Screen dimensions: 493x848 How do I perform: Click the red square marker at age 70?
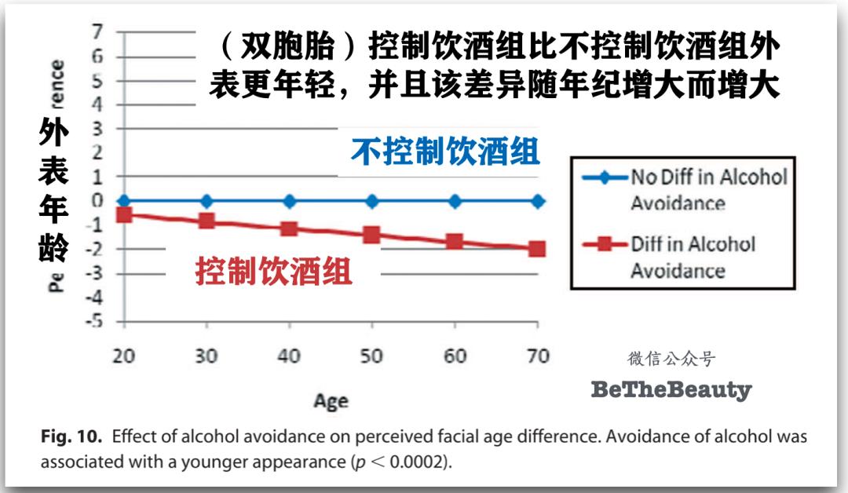point(537,249)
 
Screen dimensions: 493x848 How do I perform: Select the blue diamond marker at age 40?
point(289,201)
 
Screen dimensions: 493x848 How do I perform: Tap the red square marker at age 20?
point(123,214)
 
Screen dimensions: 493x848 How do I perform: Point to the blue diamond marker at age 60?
point(455,201)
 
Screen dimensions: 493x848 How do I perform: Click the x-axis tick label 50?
point(371,356)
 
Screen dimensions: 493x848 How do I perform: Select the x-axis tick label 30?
point(206,356)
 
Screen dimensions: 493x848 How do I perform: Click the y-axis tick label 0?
point(97,201)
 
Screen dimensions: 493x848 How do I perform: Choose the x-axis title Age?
point(331,400)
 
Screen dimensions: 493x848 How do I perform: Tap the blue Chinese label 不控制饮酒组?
point(445,151)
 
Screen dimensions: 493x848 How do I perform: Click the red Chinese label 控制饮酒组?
point(274,272)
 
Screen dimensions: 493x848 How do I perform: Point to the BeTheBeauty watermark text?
point(671,389)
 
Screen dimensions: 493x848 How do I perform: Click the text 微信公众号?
point(671,359)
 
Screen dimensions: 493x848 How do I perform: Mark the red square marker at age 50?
point(371,234)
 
